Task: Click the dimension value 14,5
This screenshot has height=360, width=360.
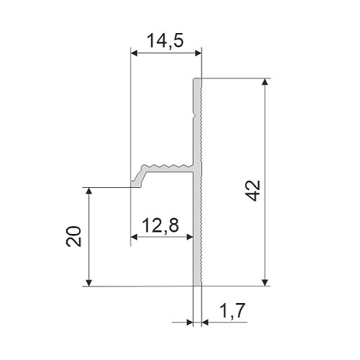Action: pos(165,41)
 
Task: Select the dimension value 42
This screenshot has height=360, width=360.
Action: pos(253,191)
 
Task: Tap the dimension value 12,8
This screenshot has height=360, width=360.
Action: pos(161,225)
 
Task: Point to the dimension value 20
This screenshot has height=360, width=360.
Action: pos(73,236)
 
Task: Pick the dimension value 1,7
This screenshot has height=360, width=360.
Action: pos(232,310)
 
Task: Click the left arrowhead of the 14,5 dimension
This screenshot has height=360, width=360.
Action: pos(134,53)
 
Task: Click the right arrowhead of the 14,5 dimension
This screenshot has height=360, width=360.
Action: pos(198,53)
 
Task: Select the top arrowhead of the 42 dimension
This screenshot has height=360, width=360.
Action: pos(265,82)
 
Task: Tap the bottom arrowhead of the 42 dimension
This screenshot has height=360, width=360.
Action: pos(265,282)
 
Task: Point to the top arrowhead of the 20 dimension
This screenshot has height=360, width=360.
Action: pos(89,191)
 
